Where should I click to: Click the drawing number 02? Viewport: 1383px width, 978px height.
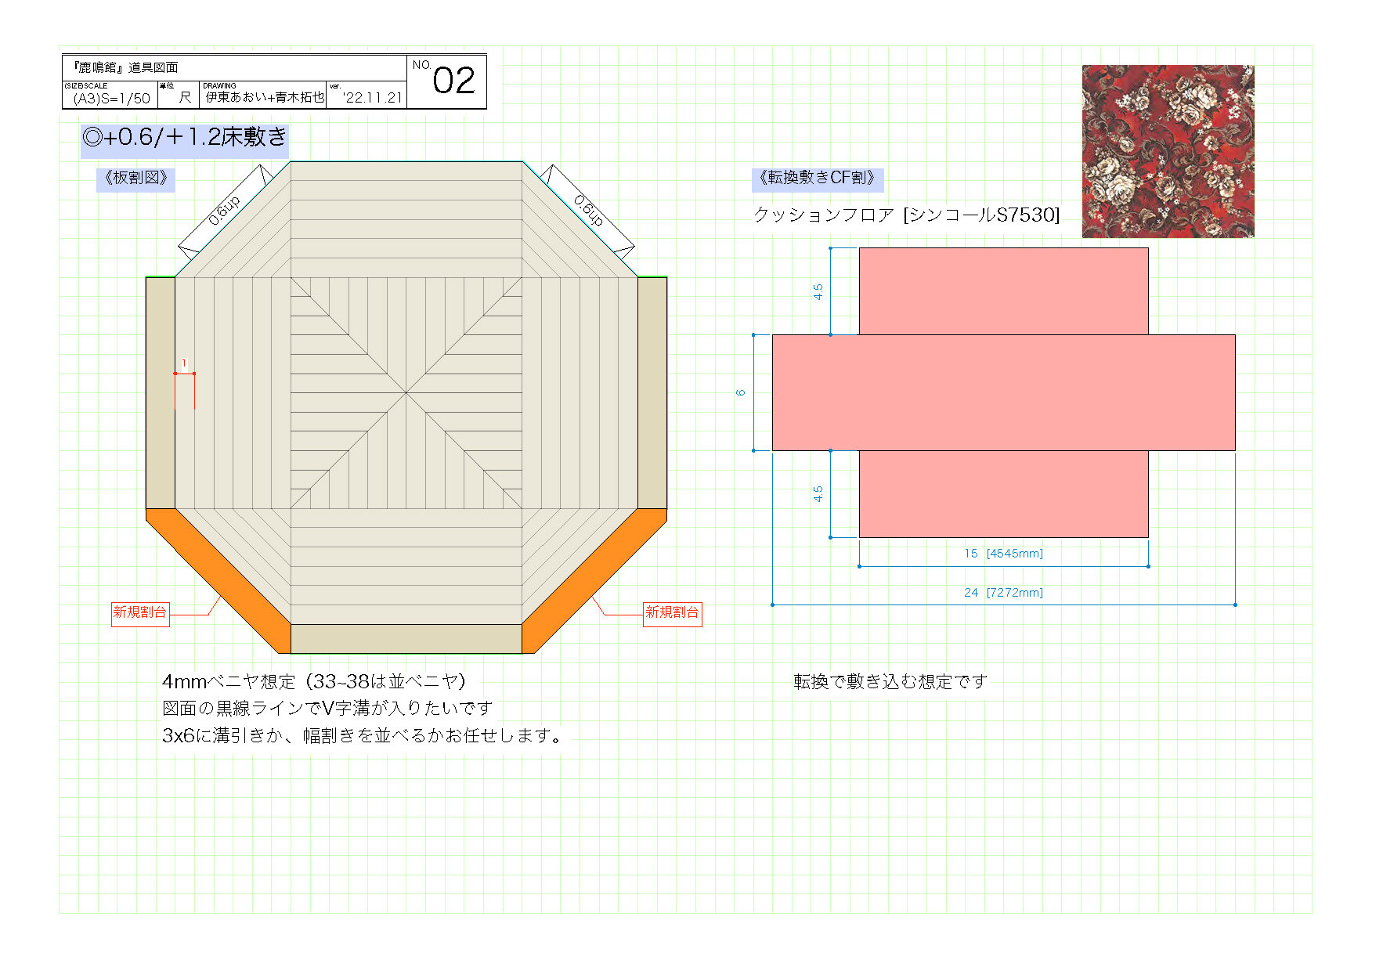pyautogui.click(x=453, y=81)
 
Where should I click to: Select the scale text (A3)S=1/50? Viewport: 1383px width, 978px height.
pyautogui.click(x=111, y=98)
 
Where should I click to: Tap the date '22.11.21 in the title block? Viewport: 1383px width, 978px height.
pyautogui.click(x=372, y=98)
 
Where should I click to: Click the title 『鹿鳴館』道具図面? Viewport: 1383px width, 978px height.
pyautogui.click(x=125, y=67)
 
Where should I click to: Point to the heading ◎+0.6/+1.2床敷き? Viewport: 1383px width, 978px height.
pyautogui.click(x=185, y=138)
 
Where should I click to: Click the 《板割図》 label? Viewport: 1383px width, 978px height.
pyautogui.click(x=136, y=178)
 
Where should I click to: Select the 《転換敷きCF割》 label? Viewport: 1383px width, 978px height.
pyautogui.click(x=817, y=178)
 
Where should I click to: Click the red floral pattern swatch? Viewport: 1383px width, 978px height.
pyautogui.click(x=1168, y=151)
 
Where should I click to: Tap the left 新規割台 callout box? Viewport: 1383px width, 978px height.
pyautogui.click(x=140, y=613)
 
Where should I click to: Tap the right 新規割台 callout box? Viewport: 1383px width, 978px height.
pyautogui.click(x=672, y=613)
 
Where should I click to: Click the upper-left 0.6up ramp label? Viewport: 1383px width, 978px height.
pyautogui.click(x=224, y=211)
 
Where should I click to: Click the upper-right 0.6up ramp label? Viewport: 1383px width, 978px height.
pyautogui.click(x=589, y=210)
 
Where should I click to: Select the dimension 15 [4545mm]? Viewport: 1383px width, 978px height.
pyautogui.click(x=1003, y=554)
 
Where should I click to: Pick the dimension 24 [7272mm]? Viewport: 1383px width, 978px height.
pyautogui.click(x=1003, y=593)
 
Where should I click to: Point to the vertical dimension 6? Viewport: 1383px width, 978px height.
pyautogui.click(x=740, y=392)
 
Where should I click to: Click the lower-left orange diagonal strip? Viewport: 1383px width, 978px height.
pyautogui.click(x=218, y=580)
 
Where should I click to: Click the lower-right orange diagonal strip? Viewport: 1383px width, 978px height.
pyautogui.click(x=594, y=580)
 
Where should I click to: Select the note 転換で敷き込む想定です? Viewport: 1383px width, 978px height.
pyautogui.click(x=890, y=682)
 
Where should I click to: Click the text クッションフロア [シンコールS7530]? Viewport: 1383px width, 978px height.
pyautogui.click(x=906, y=215)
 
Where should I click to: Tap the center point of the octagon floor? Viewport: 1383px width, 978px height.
pyautogui.click(x=406, y=392)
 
